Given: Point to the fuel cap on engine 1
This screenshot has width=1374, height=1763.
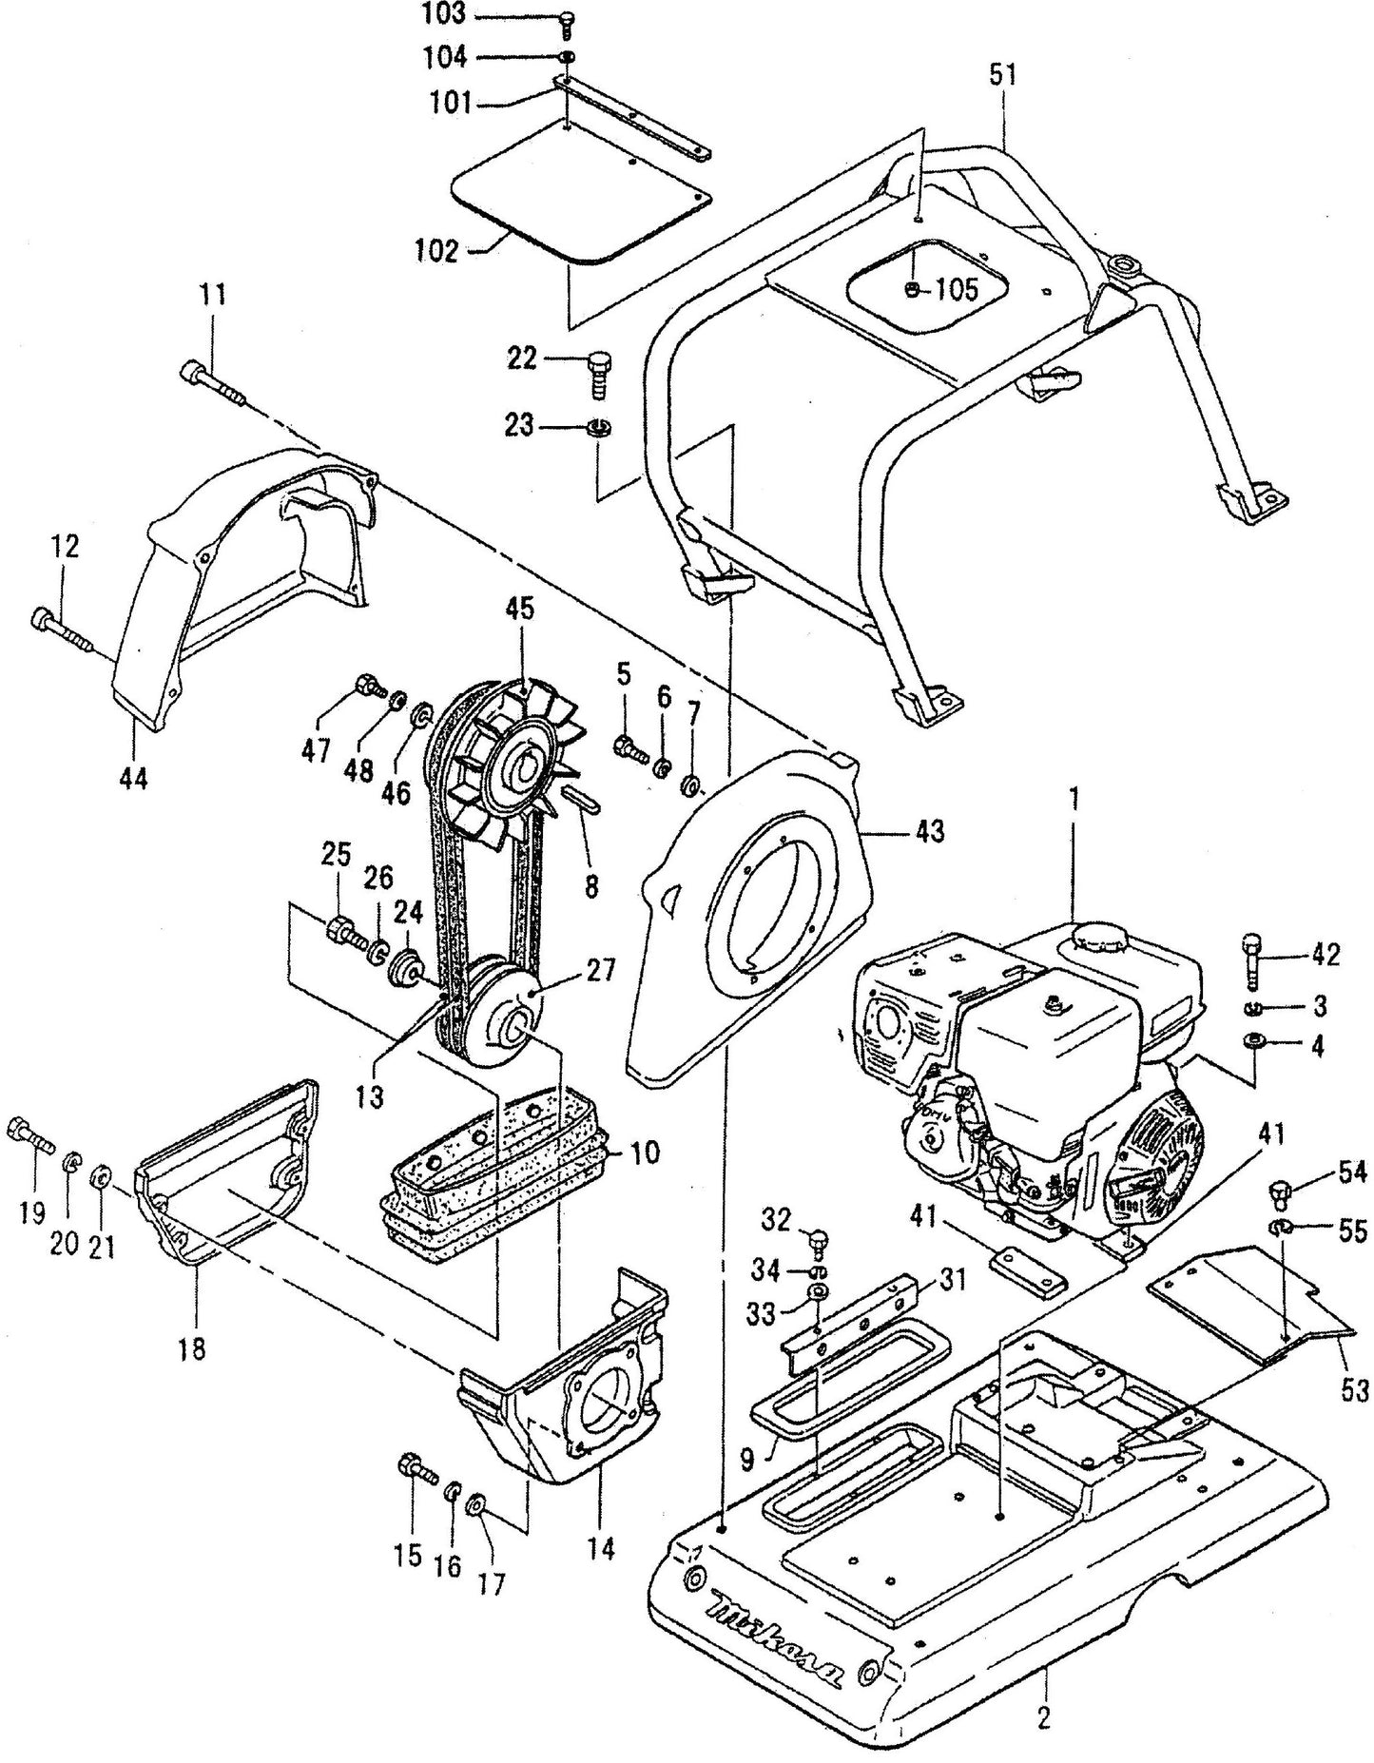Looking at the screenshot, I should coord(1094,936).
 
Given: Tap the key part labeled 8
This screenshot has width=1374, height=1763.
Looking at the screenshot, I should coord(581,797).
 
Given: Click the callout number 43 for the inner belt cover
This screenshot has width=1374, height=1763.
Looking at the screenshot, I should coord(930,830).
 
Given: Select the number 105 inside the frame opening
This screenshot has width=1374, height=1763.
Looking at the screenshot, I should coord(955,289).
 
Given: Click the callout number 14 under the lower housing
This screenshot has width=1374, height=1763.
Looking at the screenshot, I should coord(602,1547).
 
